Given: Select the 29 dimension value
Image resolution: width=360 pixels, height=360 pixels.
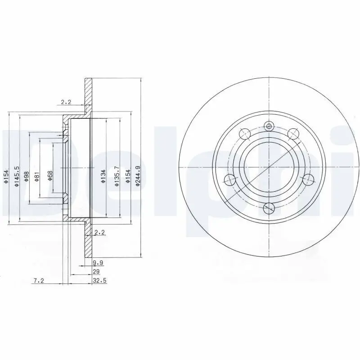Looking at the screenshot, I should (95, 272).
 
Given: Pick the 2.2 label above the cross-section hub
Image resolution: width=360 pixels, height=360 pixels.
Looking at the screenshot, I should (66, 102).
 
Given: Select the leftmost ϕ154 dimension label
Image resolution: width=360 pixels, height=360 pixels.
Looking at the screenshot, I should (5, 176).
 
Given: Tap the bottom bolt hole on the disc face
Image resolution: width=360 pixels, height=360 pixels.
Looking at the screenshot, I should (269, 208).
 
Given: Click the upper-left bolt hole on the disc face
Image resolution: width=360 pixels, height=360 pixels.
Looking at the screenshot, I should (245, 133).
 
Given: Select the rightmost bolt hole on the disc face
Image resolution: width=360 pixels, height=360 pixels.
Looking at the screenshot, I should (308, 180).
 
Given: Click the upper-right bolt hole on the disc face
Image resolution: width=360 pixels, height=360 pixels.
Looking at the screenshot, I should (293, 133).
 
